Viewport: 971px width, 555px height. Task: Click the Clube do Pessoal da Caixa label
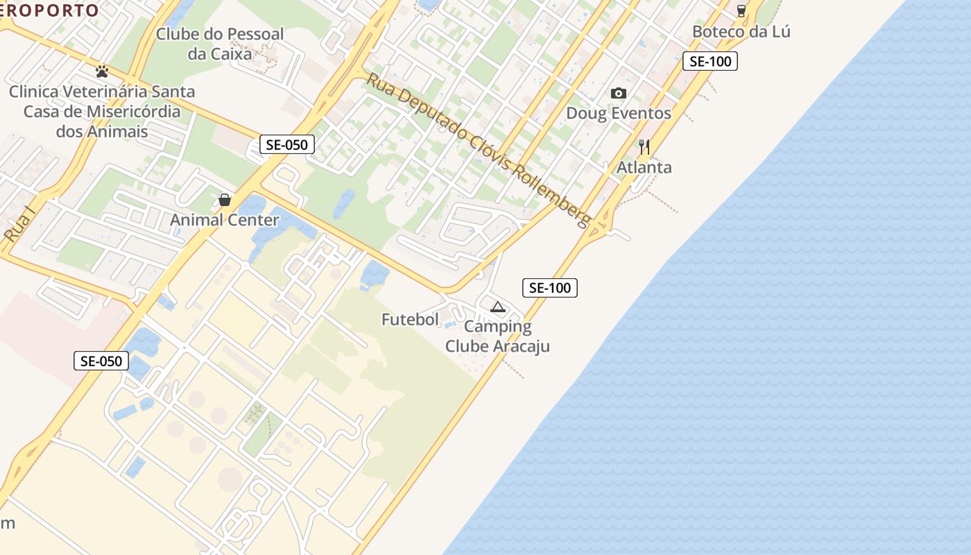tap(220, 44)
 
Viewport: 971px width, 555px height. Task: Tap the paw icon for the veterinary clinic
tap(102, 71)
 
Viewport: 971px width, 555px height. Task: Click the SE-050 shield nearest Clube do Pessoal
tap(287, 144)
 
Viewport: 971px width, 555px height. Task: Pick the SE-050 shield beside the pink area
tap(101, 361)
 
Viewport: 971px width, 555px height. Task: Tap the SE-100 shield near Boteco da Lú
tap(710, 61)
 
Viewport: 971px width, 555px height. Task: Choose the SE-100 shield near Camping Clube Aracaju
tap(549, 288)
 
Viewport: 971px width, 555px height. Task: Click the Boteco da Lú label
tap(741, 31)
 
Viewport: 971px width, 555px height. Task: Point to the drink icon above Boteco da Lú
tap(741, 10)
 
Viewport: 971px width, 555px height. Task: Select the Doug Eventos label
tap(619, 113)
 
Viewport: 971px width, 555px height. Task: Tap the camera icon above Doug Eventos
tap(618, 93)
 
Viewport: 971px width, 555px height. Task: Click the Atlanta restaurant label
tap(644, 167)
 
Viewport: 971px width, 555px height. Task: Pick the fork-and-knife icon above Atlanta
tap(644, 146)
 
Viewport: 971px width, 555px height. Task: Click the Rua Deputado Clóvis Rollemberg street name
tap(479, 150)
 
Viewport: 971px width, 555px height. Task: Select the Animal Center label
tap(225, 220)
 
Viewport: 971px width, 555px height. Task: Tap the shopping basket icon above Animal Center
tap(225, 200)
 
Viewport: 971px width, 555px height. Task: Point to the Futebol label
tap(411, 319)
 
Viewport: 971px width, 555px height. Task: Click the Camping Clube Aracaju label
tap(497, 336)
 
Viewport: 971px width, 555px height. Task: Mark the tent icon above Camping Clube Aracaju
tap(497, 307)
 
